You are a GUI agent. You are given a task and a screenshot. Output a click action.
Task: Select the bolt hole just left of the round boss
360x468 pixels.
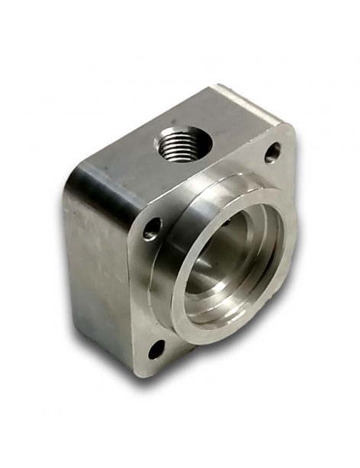pos(153,227)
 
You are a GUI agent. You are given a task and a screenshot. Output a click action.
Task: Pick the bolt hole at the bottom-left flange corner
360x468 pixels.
pos(156,350)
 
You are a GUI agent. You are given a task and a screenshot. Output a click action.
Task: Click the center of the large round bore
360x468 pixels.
pos(229,259)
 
